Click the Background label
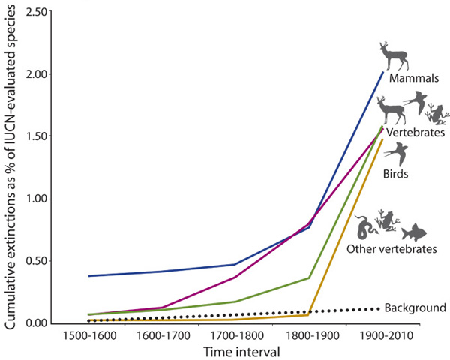click(415, 307)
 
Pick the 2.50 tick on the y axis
click(34, 13)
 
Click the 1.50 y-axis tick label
click(34, 136)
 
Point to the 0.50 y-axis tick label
click(34, 261)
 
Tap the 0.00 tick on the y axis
click(34, 323)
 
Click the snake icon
click(366, 225)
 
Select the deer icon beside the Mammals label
click(394, 55)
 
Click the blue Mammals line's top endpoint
click(382, 72)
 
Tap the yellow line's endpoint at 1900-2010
click(382, 139)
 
